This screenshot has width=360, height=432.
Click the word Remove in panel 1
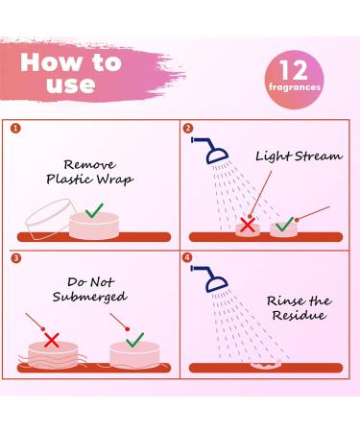93,164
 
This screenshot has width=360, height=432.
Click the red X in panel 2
248,225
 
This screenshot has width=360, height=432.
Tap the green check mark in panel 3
133,340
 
